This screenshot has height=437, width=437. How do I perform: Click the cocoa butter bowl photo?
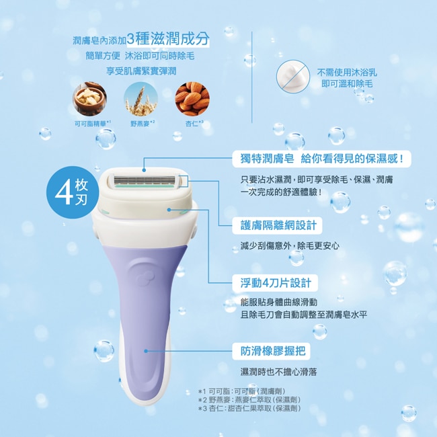89,99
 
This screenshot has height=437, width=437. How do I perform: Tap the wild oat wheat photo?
141,99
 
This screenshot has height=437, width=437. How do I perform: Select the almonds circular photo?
192,99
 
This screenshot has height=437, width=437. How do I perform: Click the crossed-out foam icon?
293,77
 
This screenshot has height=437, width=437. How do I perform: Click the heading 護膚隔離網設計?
278,225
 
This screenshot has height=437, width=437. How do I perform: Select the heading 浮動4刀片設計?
276,283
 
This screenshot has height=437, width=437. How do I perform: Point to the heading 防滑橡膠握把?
273,351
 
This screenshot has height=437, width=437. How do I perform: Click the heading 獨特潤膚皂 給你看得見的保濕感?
322,159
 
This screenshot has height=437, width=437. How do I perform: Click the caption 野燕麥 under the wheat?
143,123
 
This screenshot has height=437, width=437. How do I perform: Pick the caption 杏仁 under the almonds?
194,123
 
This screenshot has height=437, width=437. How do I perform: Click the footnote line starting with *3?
249,409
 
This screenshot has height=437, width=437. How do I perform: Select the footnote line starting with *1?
242,391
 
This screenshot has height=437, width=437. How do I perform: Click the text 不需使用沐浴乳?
347,73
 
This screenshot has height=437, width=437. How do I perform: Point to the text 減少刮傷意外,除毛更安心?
290,245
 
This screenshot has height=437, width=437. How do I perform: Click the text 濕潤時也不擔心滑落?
279,372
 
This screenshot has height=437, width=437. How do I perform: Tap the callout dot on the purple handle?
146,351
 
